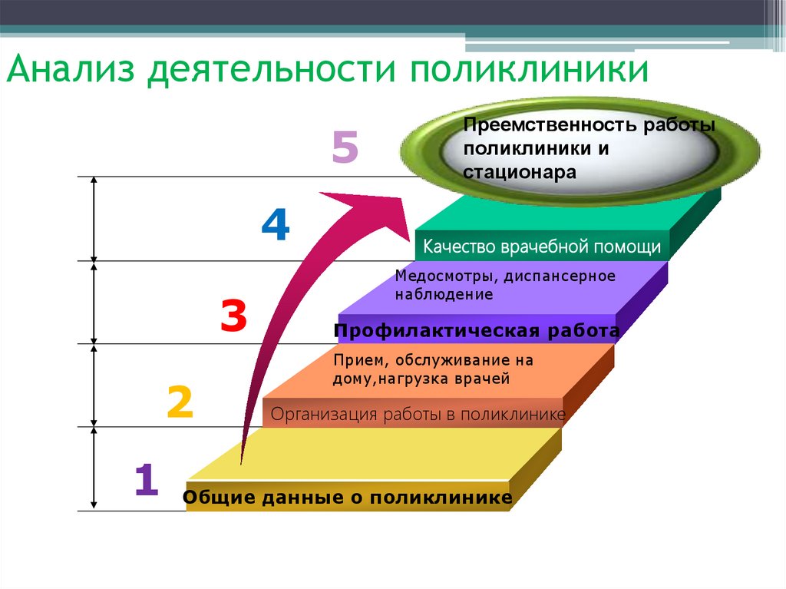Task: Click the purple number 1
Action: click(147, 479)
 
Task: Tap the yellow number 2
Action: click(180, 401)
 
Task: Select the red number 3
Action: click(233, 316)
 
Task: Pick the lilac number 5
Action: click(345, 148)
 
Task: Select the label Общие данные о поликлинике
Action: click(348, 498)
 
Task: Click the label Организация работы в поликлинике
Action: click(418, 415)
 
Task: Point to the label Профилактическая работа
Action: click(477, 332)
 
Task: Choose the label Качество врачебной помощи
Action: click(542, 247)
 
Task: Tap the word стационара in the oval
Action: click(519, 172)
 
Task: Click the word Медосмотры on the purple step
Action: click(434, 276)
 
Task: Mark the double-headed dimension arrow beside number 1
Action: click(94, 468)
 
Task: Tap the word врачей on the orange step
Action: click(487, 378)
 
